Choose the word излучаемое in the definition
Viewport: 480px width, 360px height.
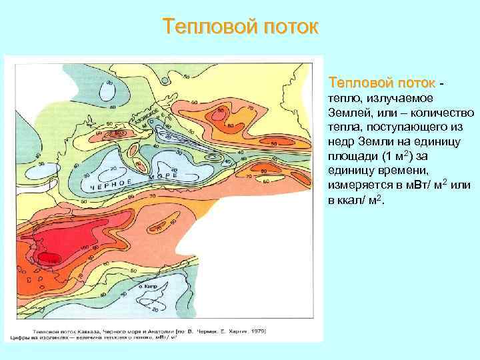click(x=392, y=99)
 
